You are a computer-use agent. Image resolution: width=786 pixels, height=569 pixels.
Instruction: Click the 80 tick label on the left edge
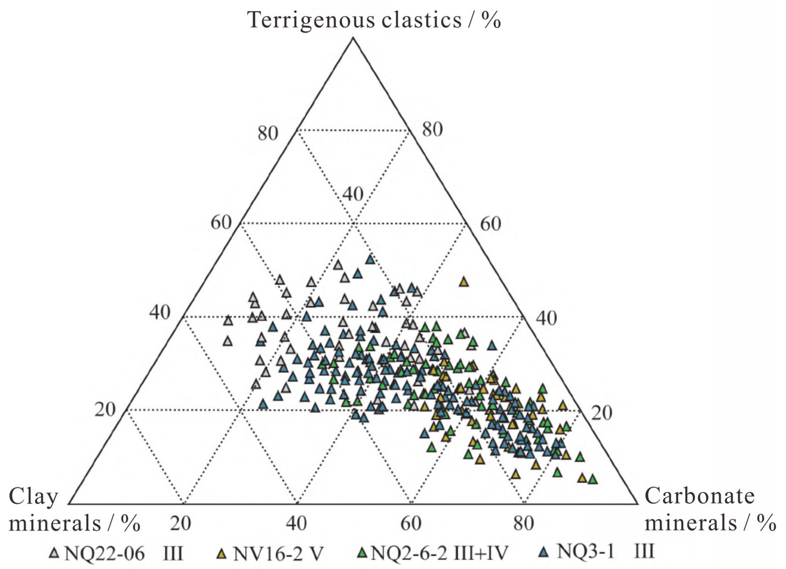[x=268, y=133]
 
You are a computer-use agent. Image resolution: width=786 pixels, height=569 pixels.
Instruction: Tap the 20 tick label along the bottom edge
[x=181, y=524]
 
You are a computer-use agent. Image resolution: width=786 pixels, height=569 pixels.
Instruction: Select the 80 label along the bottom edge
[x=524, y=524]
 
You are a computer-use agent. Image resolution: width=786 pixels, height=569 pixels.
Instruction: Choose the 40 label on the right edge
[x=547, y=318]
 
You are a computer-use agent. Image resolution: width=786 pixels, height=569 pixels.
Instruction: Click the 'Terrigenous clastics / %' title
[x=374, y=20]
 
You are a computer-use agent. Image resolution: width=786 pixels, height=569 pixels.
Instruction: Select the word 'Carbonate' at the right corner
[x=699, y=496]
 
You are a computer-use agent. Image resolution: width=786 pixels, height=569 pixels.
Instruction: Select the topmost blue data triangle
[x=370, y=259]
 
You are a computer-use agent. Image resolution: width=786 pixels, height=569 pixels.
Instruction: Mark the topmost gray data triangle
[x=338, y=265]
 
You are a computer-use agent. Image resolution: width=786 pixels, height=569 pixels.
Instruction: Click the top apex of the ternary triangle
[x=353, y=38]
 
